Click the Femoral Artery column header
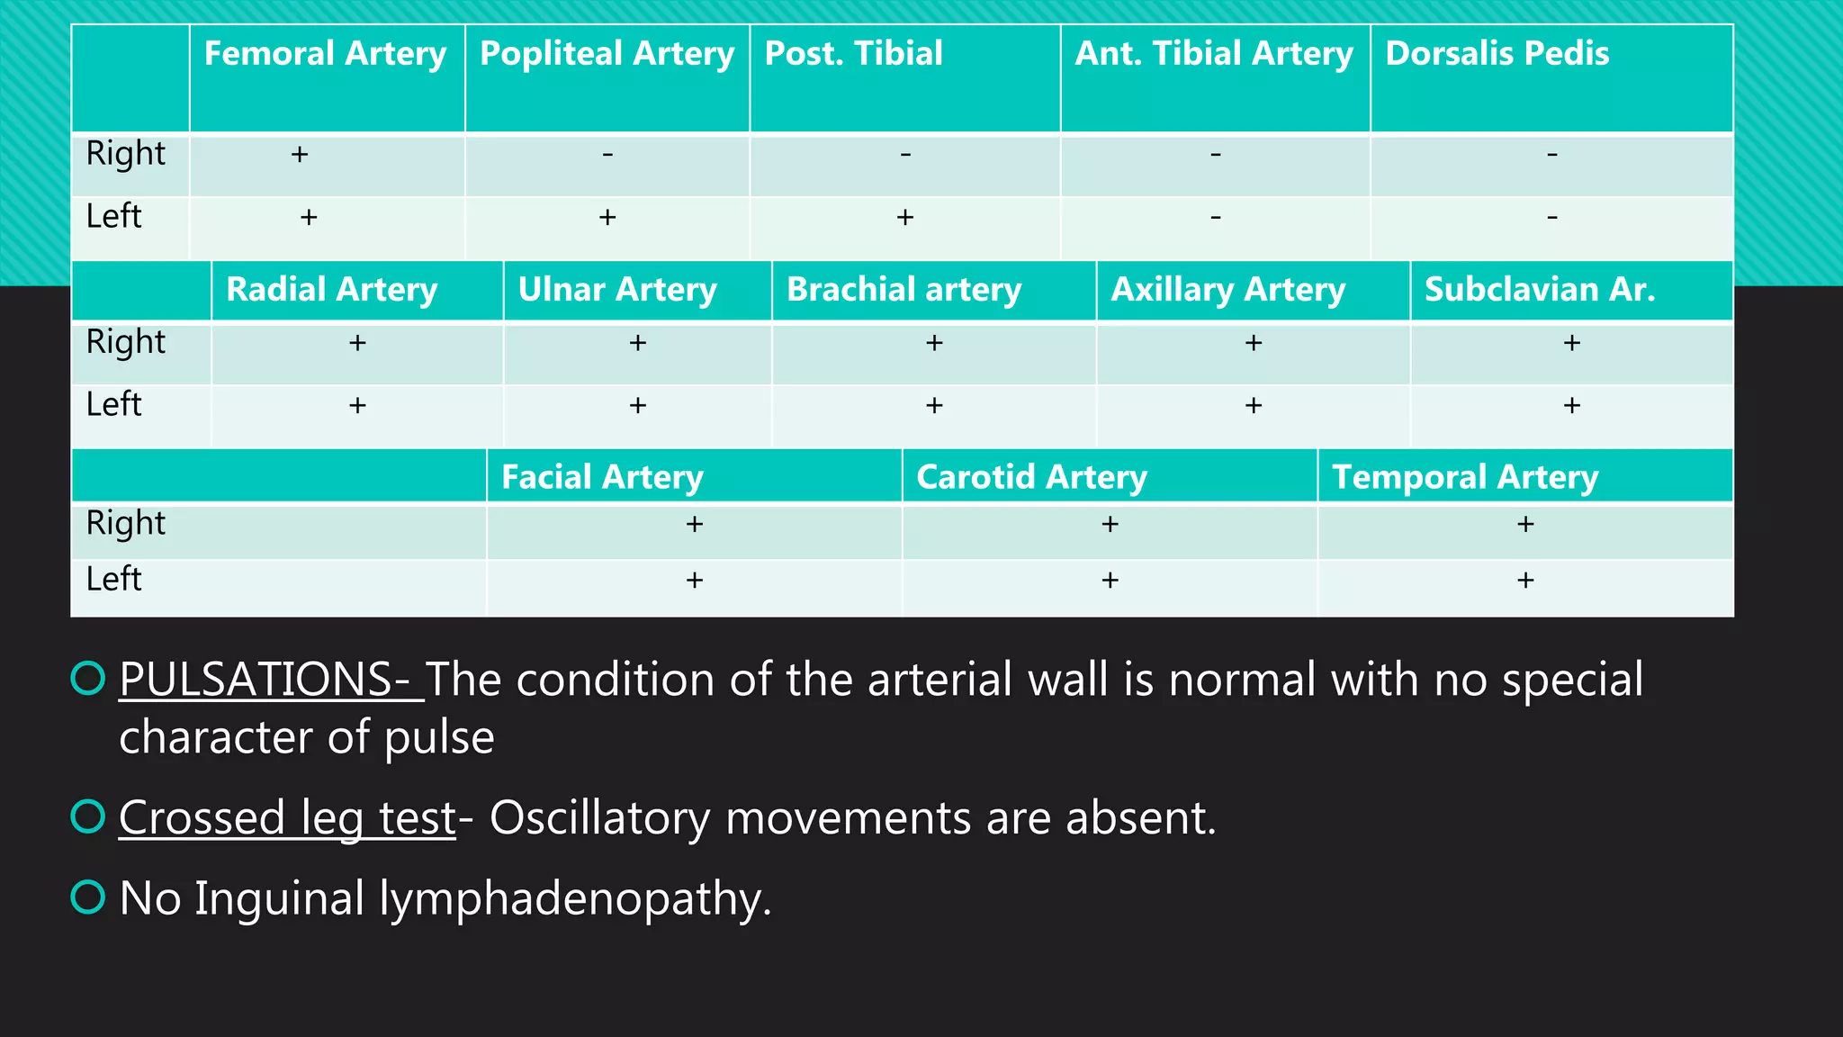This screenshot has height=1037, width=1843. [x=325, y=54]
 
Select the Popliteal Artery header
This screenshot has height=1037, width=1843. [x=607, y=54]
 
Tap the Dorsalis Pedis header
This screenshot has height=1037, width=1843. [x=1497, y=54]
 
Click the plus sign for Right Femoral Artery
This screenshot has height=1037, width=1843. [x=300, y=155]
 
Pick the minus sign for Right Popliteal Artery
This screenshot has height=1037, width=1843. [x=607, y=155]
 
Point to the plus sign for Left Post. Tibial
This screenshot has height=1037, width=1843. [x=905, y=217]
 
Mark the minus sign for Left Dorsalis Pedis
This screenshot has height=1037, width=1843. [x=1552, y=217]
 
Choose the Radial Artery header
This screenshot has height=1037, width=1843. [x=331, y=290]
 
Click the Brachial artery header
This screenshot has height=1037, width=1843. [x=904, y=290]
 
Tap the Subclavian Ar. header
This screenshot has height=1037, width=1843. [x=1539, y=290]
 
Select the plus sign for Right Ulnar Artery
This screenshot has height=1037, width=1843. [x=638, y=343]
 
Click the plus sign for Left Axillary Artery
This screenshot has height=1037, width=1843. [x=1254, y=405]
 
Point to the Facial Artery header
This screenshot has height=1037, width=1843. [x=602, y=477]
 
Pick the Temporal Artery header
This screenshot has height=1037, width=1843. [x=1464, y=477]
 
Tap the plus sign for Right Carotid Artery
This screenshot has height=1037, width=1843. [x=1110, y=524]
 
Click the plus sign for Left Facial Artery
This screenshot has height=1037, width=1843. [x=695, y=580]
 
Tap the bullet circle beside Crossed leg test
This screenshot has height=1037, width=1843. [x=88, y=816]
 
